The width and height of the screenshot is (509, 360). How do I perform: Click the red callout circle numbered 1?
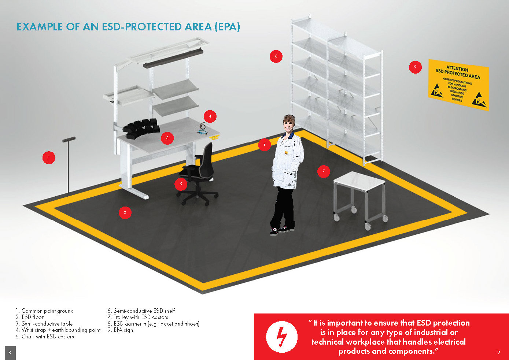point(49,157)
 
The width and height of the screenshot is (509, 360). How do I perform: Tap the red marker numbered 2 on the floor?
point(125,212)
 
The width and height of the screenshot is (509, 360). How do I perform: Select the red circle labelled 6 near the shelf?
point(276,56)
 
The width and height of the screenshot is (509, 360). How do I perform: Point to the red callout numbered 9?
point(415,67)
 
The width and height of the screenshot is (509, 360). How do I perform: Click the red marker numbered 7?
point(324,171)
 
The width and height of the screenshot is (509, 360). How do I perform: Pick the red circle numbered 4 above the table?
point(210,116)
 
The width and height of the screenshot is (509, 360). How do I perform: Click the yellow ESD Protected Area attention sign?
point(458,84)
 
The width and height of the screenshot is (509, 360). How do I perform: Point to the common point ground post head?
point(69,140)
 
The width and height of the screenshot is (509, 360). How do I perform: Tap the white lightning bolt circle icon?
point(281,337)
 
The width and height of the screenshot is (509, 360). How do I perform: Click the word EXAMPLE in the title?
point(40,27)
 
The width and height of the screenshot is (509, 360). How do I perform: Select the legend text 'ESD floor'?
point(33,317)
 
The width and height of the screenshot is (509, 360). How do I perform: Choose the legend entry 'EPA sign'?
point(123,330)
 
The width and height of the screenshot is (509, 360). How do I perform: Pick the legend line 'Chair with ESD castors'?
point(48,337)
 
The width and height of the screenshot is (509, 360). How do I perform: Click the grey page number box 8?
point(10,353)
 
